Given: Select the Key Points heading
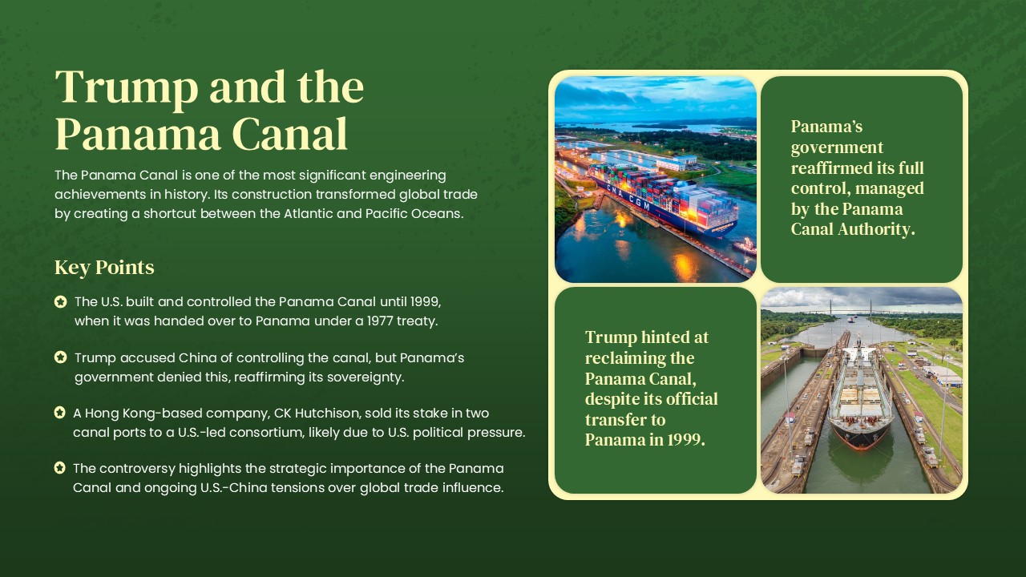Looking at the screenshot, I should pos(104,268).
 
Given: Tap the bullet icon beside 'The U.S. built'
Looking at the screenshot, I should pos(60,302).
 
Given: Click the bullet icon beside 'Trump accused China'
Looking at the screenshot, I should pos(60,357).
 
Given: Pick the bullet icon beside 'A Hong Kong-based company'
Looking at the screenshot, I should pos(59,413).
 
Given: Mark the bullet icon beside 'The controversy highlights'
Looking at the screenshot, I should pos(59,468).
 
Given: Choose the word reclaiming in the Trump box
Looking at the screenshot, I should pos(639,358).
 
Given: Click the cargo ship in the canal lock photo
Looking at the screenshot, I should pos(860,397).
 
